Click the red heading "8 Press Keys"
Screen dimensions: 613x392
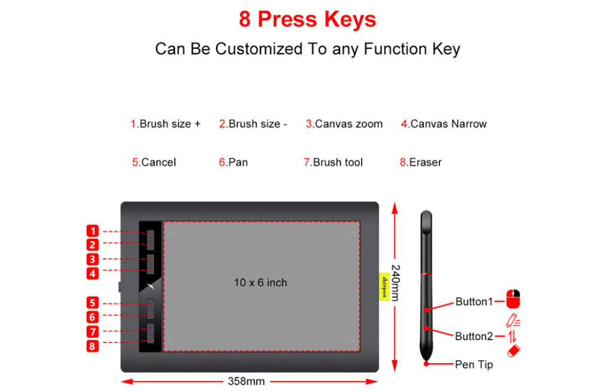pyautogui.click(x=307, y=20)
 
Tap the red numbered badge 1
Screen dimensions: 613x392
pyautogui.click(x=93, y=231)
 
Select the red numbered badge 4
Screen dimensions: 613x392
pyautogui.click(x=93, y=273)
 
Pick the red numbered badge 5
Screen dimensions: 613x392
pyautogui.click(x=93, y=303)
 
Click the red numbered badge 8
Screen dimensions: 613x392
pyautogui.click(x=93, y=346)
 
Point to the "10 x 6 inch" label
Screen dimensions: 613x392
pyautogui.click(x=260, y=283)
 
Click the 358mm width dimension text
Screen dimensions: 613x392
pyautogui.click(x=246, y=381)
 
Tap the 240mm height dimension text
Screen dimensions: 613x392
pyautogui.click(x=396, y=282)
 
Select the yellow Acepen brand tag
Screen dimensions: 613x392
pyautogui.click(x=384, y=287)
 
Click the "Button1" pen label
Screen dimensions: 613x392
pyautogui.click(x=474, y=301)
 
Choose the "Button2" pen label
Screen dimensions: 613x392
pyautogui.click(x=474, y=336)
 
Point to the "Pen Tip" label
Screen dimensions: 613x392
pyautogui.click(x=474, y=364)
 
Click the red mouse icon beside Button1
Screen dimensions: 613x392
pyautogui.click(x=513, y=299)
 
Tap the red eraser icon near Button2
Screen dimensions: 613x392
pyautogui.click(x=514, y=351)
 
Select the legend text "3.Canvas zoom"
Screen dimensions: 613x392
pyautogui.click(x=344, y=123)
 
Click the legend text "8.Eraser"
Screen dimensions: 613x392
pyautogui.click(x=421, y=162)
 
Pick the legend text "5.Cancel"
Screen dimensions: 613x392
pyautogui.click(x=154, y=162)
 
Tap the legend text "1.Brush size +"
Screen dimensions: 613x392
pyautogui.click(x=165, y=123)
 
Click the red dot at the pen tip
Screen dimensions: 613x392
pyautogui.click(x=426, y=364)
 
